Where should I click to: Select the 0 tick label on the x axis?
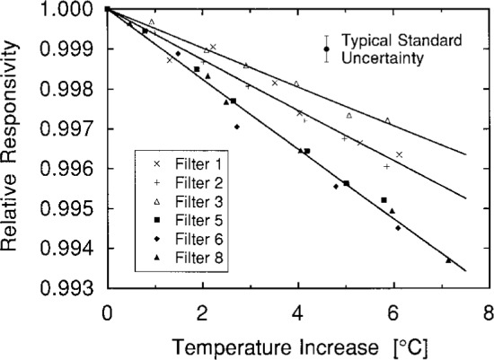click(x=107, y=312)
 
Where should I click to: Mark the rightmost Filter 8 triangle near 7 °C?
click(x=448, y=260)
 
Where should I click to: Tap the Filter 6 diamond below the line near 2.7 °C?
click(x=236, y=127)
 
